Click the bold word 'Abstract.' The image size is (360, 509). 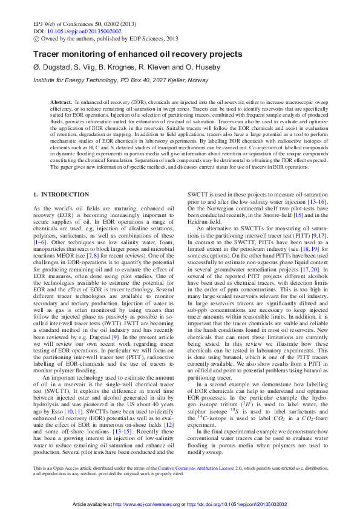tap(61, 103)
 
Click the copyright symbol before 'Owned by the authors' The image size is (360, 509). tap(36, 37)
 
